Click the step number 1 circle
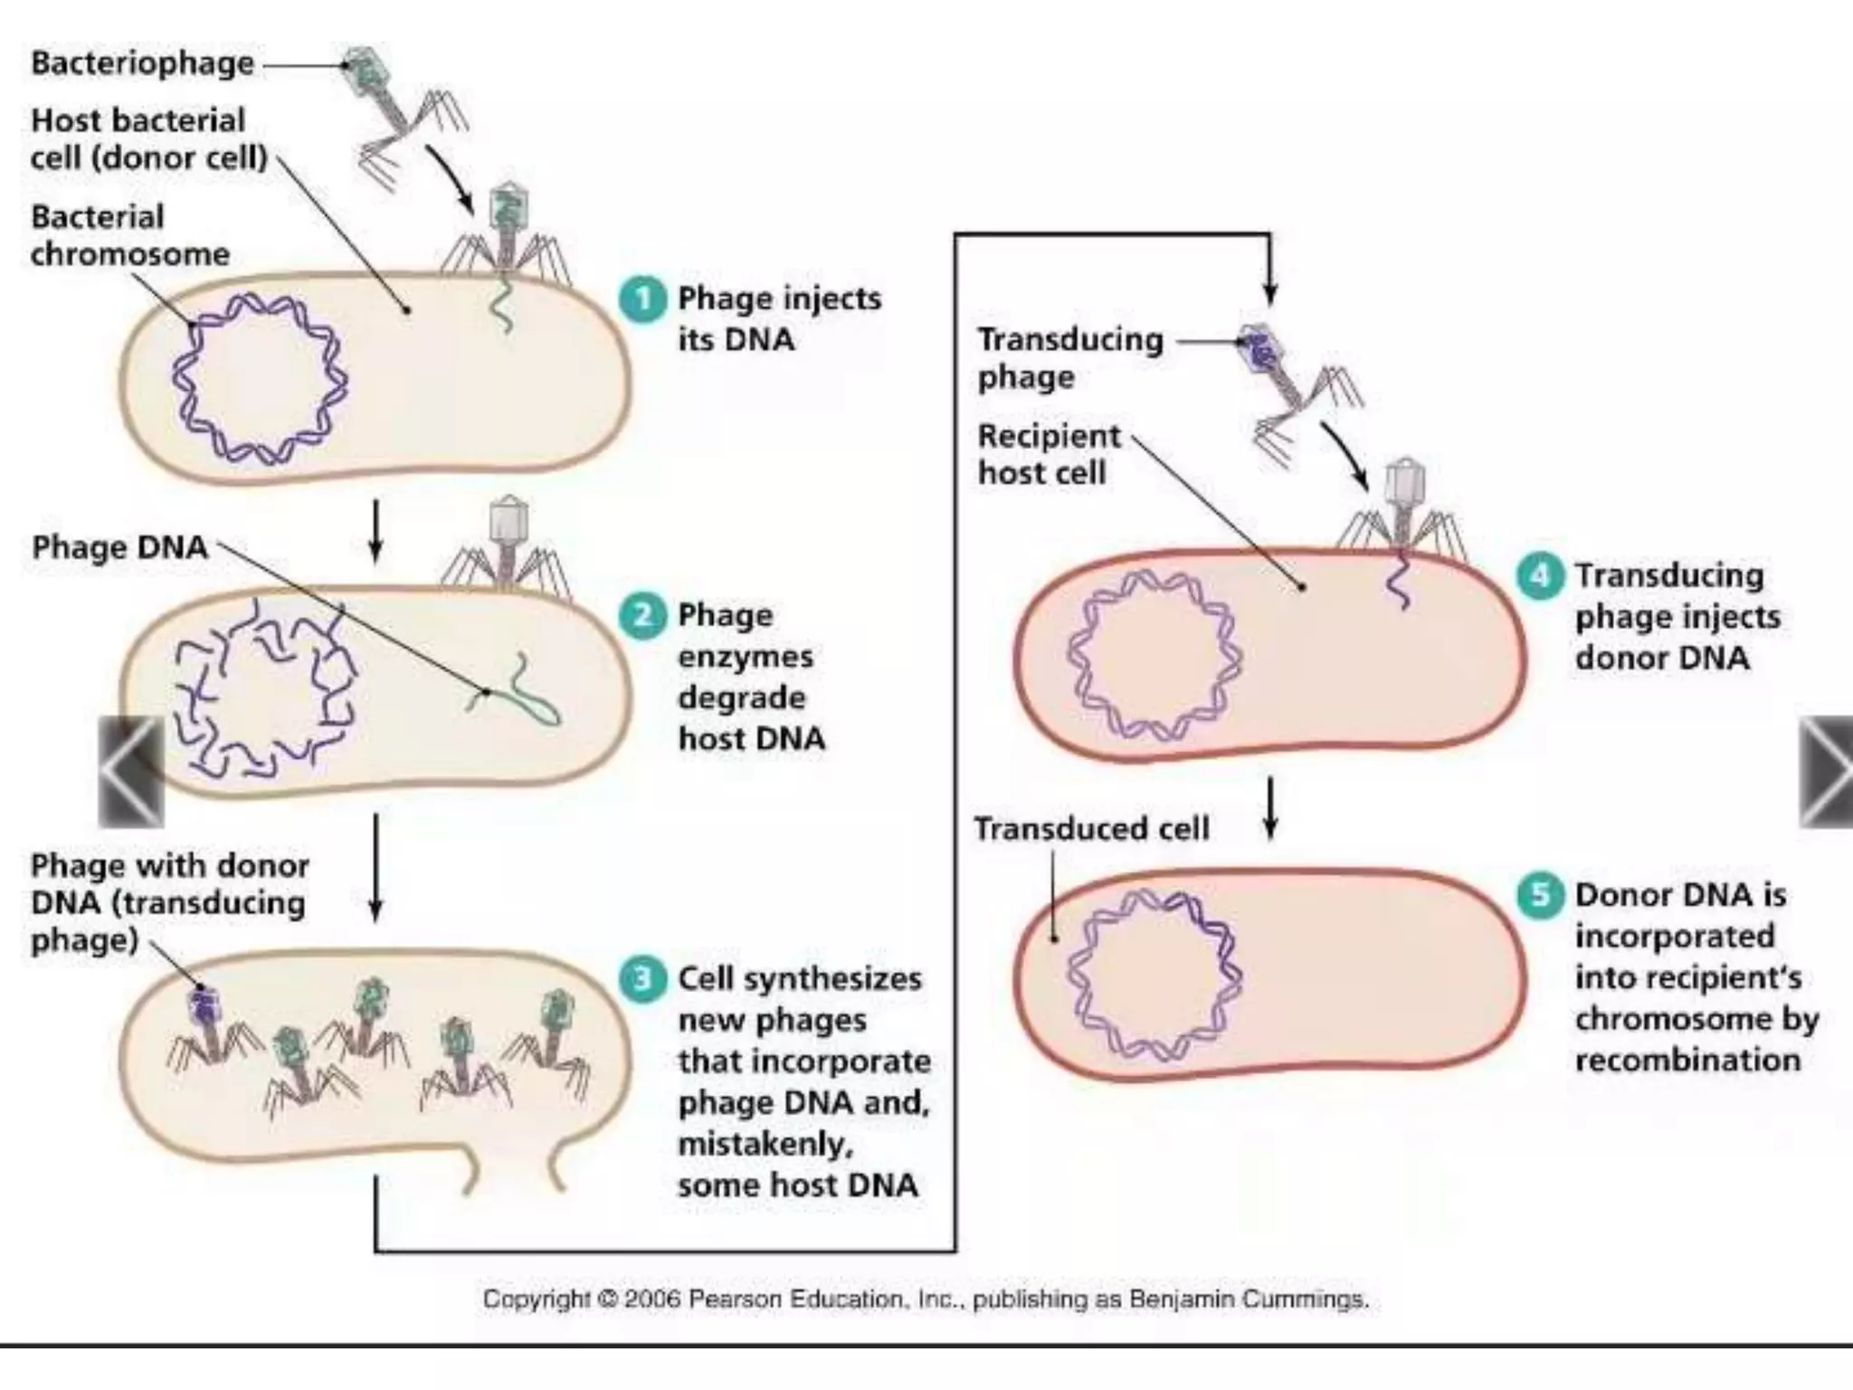coord(642,300)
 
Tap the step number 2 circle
coord(642,616)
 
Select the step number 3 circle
coord(642,979)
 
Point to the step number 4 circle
coord(1540,576)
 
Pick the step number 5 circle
coord(1540,895)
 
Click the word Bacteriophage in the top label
coord(142,64)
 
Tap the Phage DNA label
coord(119,547)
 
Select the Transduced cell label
coord(1091,829)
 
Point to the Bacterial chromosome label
coord(128,235)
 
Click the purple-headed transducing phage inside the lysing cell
coord(204,1004)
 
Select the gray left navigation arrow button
coord(132,771)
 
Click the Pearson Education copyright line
coord(925,1300)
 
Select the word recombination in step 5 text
coord(1687,1060)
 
